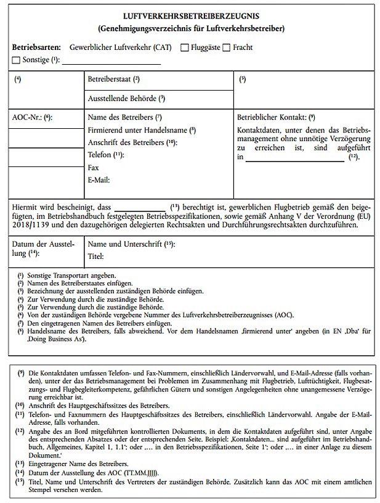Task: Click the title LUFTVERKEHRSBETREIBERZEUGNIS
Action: (190, 17)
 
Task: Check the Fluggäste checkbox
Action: (185, 47)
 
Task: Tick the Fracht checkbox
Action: (226, 47)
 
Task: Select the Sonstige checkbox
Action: (16, 60)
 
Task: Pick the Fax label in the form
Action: (94, 167)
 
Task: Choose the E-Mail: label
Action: (99, 179)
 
